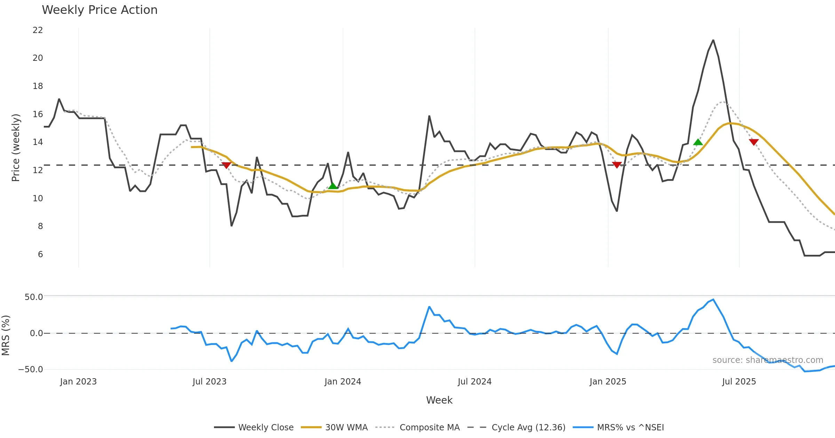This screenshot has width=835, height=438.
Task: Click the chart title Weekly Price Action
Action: tap(100, 10)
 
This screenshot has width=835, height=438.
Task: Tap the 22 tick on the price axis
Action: tap(38, 30)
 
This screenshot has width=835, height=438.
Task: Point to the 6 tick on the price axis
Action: tap(40, 254)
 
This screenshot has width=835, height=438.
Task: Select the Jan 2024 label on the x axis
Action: tap(343, 382)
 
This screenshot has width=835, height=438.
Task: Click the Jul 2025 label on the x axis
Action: tap(739, 382)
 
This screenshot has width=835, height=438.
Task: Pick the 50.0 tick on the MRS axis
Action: tap(34, 297)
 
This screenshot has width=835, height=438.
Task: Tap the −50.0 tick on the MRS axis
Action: tap(31, 370)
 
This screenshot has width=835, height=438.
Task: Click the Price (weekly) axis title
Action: tap(16, 148)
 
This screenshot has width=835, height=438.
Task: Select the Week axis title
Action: tap(439, 400)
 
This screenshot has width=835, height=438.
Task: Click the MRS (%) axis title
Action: tap(6, 335)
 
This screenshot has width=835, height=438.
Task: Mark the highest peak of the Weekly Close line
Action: tap(713, 40)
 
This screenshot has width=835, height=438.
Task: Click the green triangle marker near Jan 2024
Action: tap(333, 186)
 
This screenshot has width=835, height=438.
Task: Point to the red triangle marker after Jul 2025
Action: tap(754, 142)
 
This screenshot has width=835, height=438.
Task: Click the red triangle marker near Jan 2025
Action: tap(617, 165)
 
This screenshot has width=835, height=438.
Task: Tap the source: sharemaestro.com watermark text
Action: tap(768, 360)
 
